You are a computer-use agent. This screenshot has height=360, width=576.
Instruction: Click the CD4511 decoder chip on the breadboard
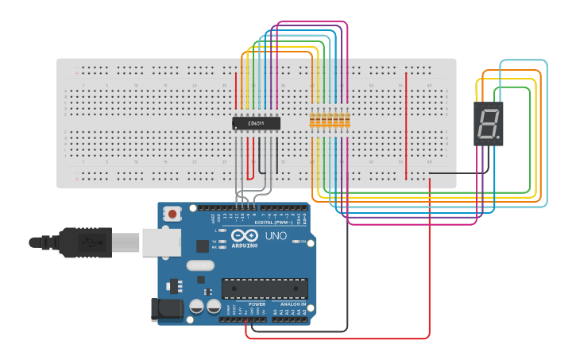click(x=257, y=123)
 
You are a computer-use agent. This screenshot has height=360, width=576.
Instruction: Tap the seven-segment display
click(x=489, y=123)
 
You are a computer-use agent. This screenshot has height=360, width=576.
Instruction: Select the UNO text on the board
click(x=275, y=236)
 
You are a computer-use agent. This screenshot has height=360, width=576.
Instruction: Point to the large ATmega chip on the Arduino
click(x=265, y=289)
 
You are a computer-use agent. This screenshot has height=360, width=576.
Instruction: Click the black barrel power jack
click(x=164, y=310)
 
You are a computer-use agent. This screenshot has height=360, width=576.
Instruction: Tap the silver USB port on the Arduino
click(x=157, y=242)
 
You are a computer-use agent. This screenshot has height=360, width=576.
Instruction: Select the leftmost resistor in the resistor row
click(x=312, y=121)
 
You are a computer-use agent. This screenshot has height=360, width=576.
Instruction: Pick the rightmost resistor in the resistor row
click(x=347, y=121)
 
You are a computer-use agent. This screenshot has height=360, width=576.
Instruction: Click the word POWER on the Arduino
click(x=257, y=304)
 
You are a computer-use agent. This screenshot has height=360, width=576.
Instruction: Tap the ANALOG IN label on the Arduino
click(x=290, y=304)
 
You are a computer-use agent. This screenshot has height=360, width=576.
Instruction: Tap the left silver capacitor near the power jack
click(x=197, y=306)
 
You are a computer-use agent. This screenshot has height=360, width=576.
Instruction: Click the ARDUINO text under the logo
click(x=245, y=246)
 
